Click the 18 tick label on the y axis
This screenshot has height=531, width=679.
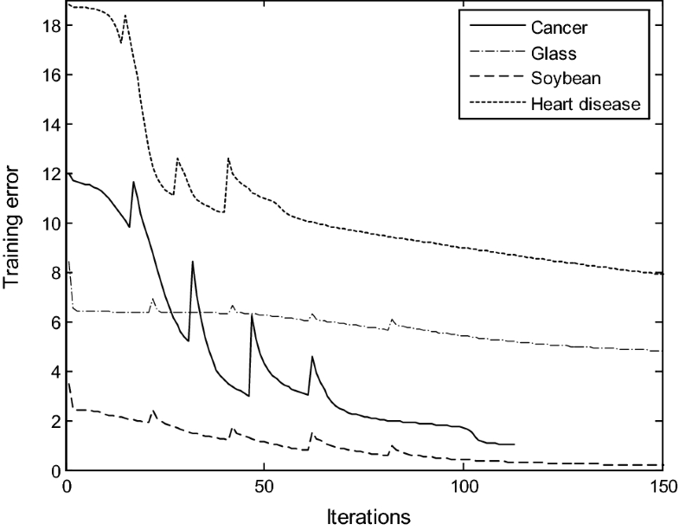[50, 26]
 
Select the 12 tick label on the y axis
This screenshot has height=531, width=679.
[50, 174]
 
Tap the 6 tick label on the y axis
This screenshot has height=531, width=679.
[54, 322]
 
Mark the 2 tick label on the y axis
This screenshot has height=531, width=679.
[54, 421]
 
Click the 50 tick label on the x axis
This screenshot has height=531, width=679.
[265, 486]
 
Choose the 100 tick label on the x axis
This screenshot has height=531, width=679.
[463, 486]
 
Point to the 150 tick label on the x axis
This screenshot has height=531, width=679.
[661, 486]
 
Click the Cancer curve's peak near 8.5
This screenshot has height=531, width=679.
[192, 262]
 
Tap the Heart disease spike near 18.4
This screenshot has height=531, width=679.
[125, 16]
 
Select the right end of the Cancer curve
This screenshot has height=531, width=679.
[515, 444]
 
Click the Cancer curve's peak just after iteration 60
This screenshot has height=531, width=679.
[312, 356]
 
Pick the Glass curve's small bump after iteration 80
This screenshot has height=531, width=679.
[392, 320]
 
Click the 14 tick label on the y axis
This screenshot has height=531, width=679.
[50, 125]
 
